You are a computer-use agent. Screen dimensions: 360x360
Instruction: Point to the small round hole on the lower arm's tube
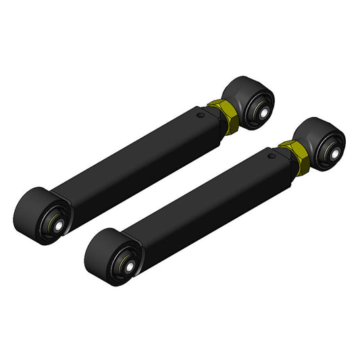(272, 155)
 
